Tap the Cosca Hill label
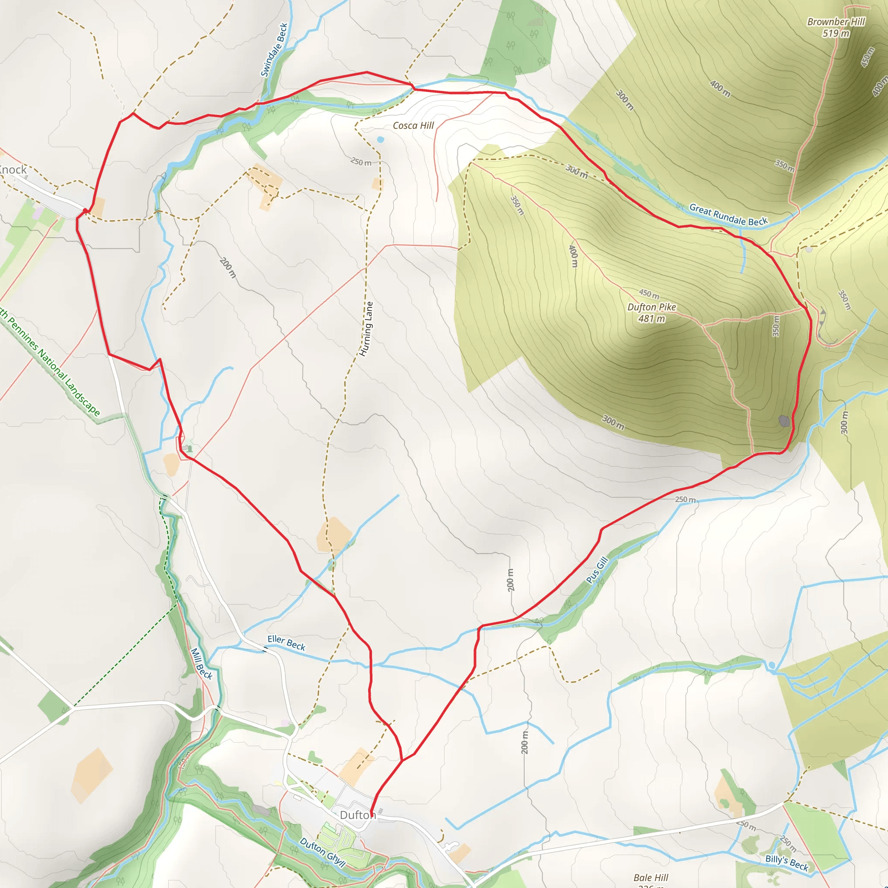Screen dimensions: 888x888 (413, 125)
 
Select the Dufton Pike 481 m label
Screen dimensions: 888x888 (651, 313)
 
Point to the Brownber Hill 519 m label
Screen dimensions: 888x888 (836, 27)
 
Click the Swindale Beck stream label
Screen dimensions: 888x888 (274, 49)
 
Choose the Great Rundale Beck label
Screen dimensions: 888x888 (728, 215)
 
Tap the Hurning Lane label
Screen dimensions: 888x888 (366, 329)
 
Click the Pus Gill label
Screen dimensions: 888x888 (597, 570)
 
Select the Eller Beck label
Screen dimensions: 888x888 (286, 642)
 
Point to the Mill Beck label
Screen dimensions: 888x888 (201, 663)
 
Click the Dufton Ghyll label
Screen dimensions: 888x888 (322, 852)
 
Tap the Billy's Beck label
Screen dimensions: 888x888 (787, 863)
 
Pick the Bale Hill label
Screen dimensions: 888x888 (650, 878)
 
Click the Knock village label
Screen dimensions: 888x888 (13, 170)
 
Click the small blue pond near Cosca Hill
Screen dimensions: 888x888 (380, 139)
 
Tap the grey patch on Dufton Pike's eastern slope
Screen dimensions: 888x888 (784, 421)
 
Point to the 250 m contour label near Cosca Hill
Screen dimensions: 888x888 (361, 162)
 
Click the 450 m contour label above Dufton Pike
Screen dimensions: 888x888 (649, 294)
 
